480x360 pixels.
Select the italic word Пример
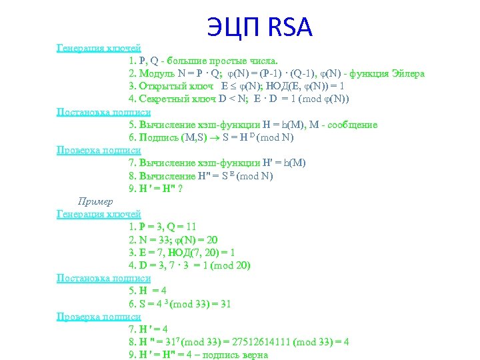pos(95,201)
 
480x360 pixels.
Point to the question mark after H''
pos(180,189)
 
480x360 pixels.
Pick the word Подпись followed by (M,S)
pos(158,138)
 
